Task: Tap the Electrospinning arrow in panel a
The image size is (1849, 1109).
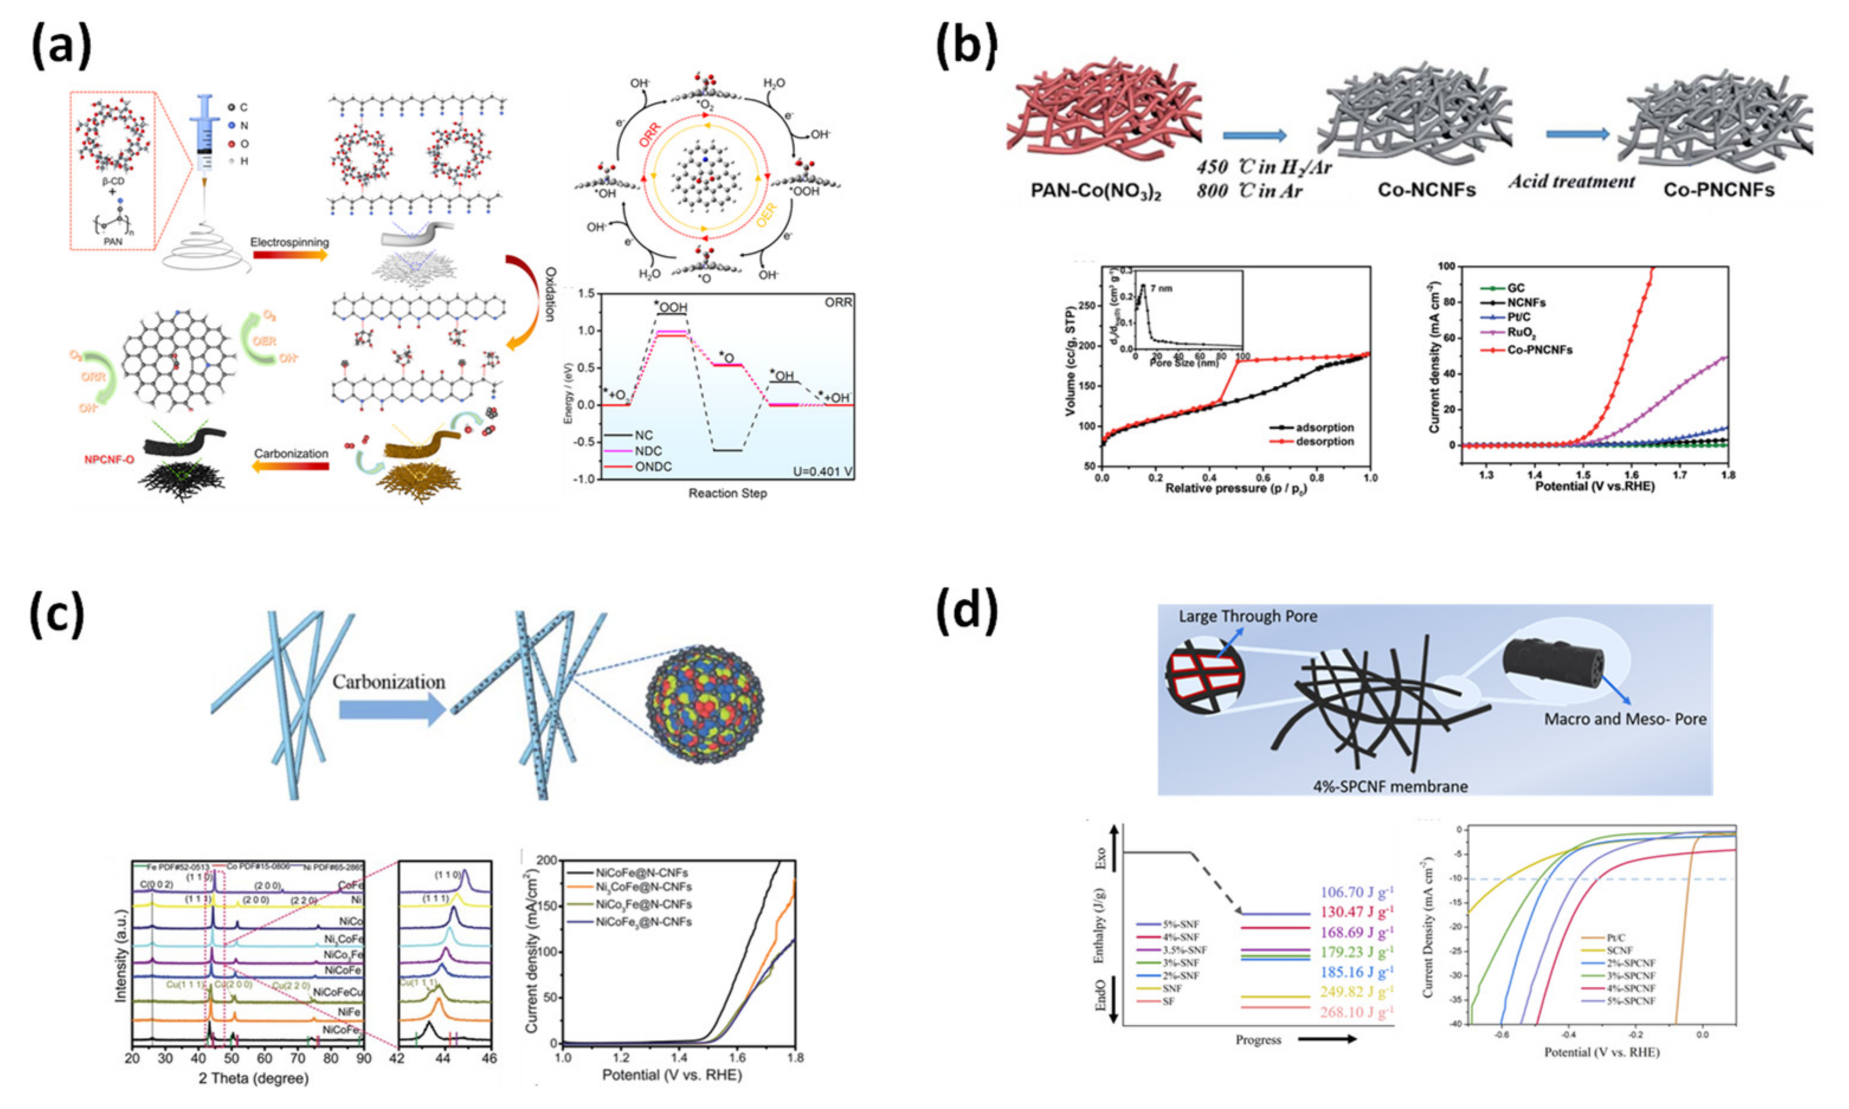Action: (x=289, y=255)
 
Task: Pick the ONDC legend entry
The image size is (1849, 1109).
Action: (x=653, y=466)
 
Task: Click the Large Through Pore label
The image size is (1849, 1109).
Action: (x=1247, y=616)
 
